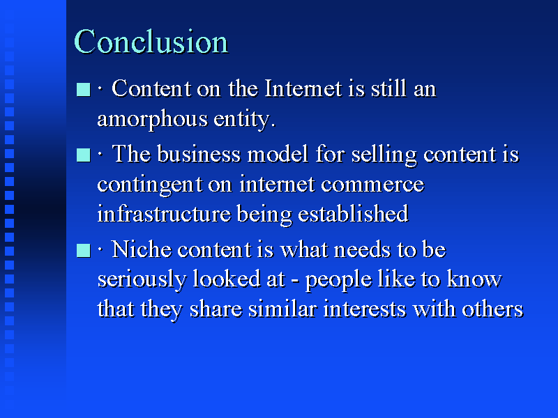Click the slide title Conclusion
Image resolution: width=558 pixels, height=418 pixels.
tap(151, 42)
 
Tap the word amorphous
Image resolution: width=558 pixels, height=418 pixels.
tap(152, 119)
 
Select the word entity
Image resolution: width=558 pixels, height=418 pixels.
tap(245, 119)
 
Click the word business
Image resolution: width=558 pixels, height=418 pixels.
tap(199, 154)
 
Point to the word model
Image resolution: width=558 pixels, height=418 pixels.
tap(278, 154)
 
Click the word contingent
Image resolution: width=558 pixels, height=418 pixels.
tap(149, 185)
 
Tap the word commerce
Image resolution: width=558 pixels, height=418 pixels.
tap(372, 185)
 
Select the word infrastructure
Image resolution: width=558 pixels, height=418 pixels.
tap(164, 214)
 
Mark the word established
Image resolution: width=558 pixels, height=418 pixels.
tap(353, 214)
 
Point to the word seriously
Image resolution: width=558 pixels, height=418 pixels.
tap(142, 280)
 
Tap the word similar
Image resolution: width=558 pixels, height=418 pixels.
tap(282, 309)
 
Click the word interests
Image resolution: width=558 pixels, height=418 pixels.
tap(364, 309)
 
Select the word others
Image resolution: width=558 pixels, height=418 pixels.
tap(492, 309)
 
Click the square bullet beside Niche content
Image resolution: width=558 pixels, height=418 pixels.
tap(83, 250)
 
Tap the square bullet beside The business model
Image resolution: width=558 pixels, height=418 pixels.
tap(83, 155)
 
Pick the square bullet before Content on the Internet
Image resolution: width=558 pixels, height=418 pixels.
tap(83, 90)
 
